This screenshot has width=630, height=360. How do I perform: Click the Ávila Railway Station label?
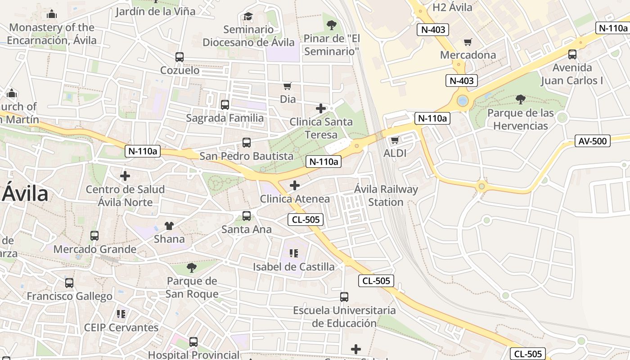(x=386, y=196)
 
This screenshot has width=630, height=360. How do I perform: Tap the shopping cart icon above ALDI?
(x=395, y=140)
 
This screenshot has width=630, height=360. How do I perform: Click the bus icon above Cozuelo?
(x=180, y=57)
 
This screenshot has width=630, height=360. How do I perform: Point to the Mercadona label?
(x=468, y=55)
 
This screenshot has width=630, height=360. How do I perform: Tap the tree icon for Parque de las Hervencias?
(x=521, y=99)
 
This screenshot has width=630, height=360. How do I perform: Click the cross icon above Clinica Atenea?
(x=295, y=185)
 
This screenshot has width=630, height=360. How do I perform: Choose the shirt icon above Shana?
(x=169, y=225)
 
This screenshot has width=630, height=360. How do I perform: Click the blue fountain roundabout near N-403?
(x=463, y=100)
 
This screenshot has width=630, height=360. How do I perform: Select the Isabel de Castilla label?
(x=293, y=267)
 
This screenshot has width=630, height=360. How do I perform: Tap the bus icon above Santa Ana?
(x=247, y=216)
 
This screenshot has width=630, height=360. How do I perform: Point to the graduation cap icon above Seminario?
(x=248, y=17)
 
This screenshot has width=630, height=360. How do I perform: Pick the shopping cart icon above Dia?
(x=288, y=86)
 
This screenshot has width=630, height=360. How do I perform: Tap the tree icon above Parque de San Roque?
(x=192, y=268)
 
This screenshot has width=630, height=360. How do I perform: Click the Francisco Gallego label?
(x=69, y=297)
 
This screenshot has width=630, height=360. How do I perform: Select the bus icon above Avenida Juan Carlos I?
(x=572, y=54)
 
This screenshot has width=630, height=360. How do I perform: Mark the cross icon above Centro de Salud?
(x=125, y=176)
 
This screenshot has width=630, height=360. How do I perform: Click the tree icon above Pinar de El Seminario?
(x=332, y=25)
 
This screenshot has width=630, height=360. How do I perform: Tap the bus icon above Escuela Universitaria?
(x=344, y=297)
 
